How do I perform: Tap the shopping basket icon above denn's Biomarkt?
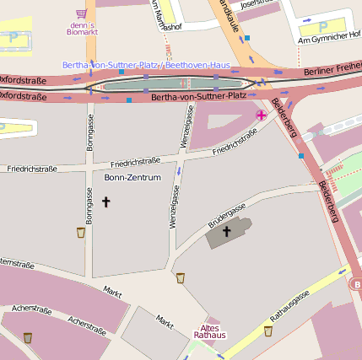(81, 13)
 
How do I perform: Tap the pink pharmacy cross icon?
(262, 114)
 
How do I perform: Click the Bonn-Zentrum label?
(132, 178)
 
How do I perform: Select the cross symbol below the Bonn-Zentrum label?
(106, 201)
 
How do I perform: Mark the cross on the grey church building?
(226, 230)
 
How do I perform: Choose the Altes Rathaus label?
(210, 331)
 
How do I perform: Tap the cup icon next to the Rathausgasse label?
(268, 331)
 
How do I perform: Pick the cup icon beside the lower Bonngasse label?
(81, 232)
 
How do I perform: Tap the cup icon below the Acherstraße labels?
(28, 337)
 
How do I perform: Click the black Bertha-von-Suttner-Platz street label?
(197, 98)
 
